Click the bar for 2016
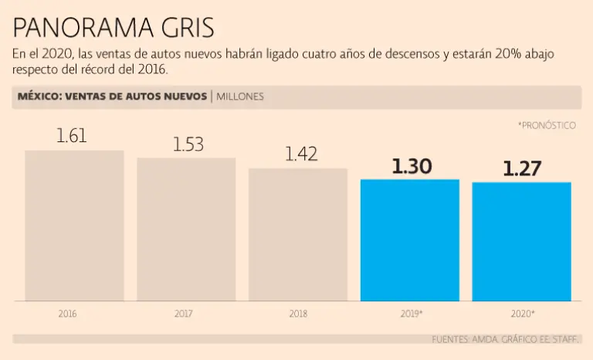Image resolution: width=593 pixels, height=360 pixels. click(74, 226)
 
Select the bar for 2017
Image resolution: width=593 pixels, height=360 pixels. click(186, 229)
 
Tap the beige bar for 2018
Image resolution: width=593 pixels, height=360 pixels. click(298, 235)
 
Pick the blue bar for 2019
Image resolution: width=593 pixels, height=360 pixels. click(410, 240)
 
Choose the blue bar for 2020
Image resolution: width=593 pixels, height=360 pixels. click(522, 242)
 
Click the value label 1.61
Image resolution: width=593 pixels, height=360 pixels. click(72, 136)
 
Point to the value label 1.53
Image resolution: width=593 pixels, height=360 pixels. click(188, 144)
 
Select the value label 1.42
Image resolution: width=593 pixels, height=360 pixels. click(301, 154)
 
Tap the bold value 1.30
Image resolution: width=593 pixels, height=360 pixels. click(412, 166)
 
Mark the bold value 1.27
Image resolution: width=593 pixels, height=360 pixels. click(523, 168)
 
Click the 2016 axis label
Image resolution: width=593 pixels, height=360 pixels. click(67, 314)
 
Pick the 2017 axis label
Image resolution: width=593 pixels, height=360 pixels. click(184, 314)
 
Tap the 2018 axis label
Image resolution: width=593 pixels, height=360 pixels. click(298, 314)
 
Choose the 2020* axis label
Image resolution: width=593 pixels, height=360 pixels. click(522, 314)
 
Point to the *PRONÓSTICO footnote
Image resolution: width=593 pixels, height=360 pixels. click(547, 125)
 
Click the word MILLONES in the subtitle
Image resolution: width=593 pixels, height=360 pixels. click(240, 97)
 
